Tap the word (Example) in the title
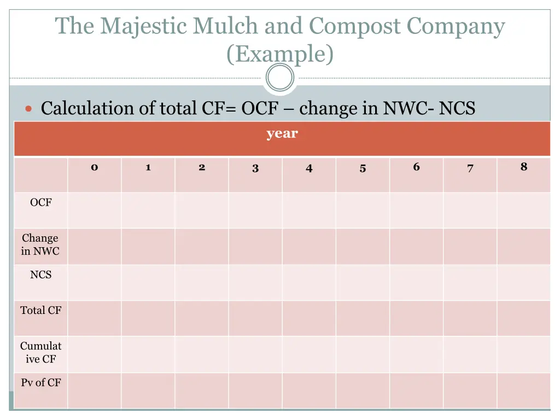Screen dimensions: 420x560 279,54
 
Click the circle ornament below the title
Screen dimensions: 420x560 280,78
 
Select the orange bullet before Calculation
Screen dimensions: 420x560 30,109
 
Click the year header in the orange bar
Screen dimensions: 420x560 282,133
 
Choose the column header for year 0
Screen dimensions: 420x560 94,167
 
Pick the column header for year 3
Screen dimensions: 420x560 255,168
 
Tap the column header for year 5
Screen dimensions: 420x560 363,168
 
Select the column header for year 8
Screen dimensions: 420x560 523,167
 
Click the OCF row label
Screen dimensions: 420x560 40,202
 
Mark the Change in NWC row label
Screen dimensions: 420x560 40,245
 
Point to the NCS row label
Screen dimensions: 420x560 40,275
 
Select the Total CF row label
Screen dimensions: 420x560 40,311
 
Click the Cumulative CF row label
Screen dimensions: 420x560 40,353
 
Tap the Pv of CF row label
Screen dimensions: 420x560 40,383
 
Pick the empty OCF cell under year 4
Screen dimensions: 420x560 309,210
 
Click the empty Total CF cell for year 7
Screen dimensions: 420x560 470,318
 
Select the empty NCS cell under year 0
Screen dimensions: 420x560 94,282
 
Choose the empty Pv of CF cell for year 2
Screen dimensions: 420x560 202,390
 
